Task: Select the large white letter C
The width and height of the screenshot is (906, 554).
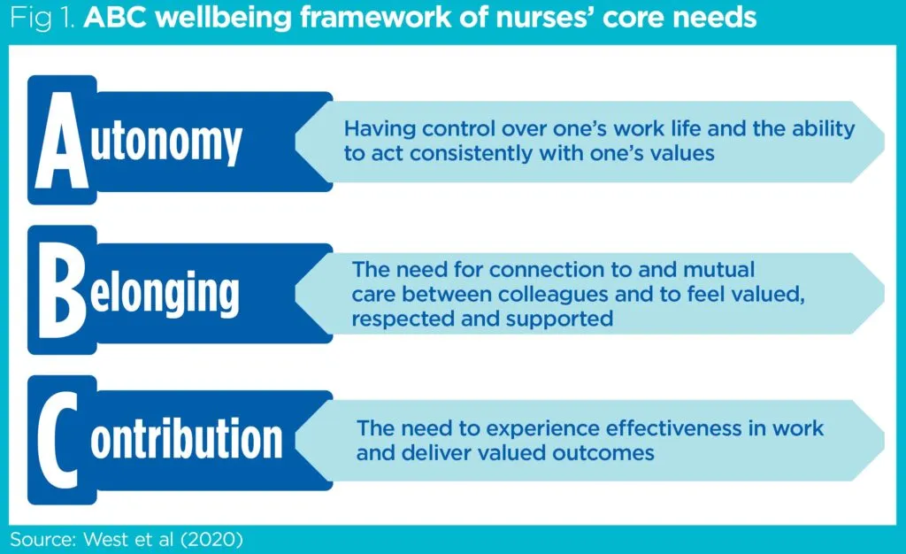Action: pyautogui.click(x=58, y=440)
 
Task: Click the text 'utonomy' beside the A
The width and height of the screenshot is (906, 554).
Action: pyautogui.click(x=165, y=142)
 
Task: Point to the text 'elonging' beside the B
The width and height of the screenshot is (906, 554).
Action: pyautogui.click(x=164, y=293)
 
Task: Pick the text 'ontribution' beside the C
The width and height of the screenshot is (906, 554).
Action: pyautogui.click(x=186, y=438)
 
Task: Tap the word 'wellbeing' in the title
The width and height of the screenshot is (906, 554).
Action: pyautogui.click(x=225, y=19)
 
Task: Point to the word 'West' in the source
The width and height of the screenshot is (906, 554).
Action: pyautogui.click(x=105, y=540)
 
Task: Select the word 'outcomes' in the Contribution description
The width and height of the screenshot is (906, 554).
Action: pyautogui.click(x=603, y=453)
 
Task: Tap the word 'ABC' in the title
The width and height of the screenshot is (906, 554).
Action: pyautogui.click(x=116, y=19)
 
